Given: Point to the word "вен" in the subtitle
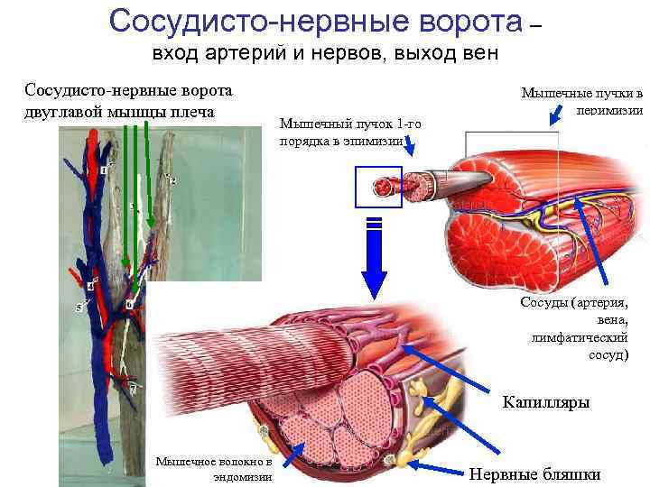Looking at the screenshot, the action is (477, 53).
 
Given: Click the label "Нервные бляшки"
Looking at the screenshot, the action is (535, 474).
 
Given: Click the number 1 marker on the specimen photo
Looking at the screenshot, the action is (104, 170).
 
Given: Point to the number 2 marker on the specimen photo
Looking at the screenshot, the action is (172, 181).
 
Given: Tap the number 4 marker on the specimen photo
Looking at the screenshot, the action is (90, 286).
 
